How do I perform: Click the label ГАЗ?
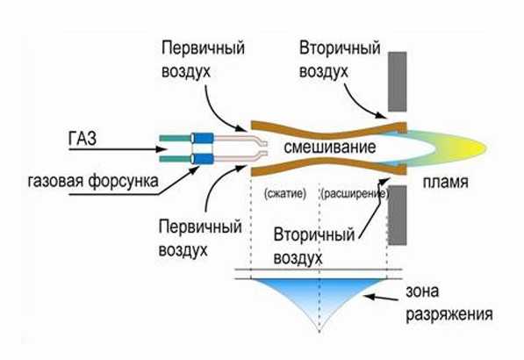point(83,138)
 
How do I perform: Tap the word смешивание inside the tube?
point(330,147)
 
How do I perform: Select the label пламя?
point(445,183)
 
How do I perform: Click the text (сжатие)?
point(284,193)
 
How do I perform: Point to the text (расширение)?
point(355,194)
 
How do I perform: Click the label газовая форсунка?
point(93,182)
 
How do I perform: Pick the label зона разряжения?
point(449,303)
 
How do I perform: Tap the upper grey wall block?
point(398,82)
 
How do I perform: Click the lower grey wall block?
point(398,215)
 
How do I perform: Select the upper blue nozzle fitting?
point(202,137)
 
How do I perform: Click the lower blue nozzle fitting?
point(202,158)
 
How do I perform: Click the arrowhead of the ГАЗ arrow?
point(162,149)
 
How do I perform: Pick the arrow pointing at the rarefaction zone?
point(381,298)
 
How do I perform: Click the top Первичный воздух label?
point(203,60)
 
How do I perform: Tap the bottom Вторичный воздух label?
point(314,246)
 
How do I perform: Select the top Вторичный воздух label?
point(340,60)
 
